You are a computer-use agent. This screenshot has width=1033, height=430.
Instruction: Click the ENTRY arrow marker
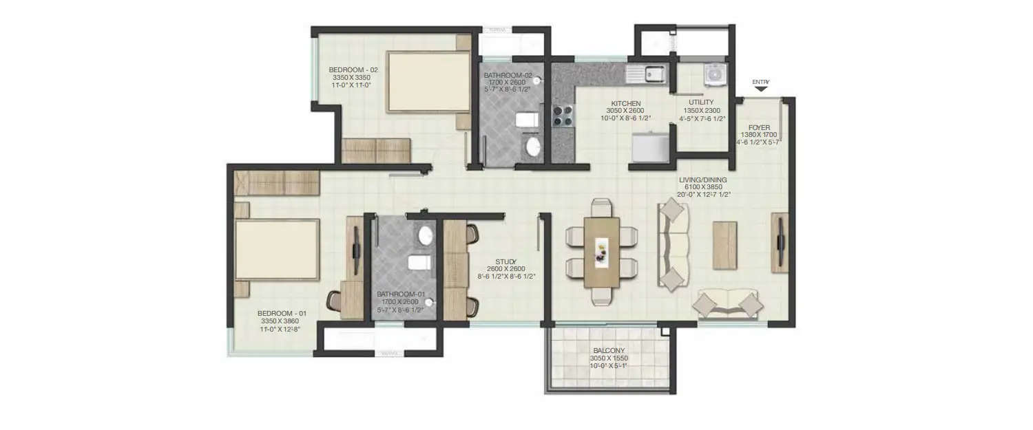point(760,89)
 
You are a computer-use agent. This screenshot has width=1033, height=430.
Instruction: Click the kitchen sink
point(645,72)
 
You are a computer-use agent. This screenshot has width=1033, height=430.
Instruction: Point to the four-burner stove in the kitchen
point(563,116)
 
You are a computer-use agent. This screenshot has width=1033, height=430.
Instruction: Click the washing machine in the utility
point(715,72)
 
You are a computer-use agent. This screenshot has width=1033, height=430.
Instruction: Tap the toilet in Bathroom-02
point(527,121)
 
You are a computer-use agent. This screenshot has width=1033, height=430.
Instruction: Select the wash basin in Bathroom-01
point(426,236)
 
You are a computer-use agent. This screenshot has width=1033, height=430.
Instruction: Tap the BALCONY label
point(607,350)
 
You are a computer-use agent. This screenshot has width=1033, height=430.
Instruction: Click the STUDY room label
point(505,261)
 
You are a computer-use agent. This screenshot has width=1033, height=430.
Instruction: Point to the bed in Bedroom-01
point(277,249)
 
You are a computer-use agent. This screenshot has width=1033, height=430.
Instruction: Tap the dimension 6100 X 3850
point(702,187)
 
